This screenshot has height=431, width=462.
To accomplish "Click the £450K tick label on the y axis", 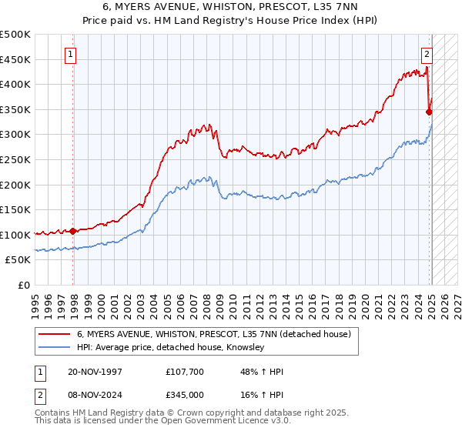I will (x=15, y=60).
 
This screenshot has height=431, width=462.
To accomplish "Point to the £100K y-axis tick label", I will (x=15, y=235).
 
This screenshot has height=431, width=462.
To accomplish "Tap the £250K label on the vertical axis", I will (x=15, y=160).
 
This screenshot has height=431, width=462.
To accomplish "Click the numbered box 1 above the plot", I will (x=70, y=55).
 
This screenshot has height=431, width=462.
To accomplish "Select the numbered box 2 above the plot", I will (x=427, y=55).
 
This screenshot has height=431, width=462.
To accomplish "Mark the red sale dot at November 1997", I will (x=73, y=231).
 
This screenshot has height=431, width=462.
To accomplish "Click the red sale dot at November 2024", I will (x=429, y=112).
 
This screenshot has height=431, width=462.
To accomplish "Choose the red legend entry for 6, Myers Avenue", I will (x=214, y=334).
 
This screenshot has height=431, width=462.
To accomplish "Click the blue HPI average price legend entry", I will (x=170, y=348).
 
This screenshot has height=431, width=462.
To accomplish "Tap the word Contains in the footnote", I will (x=53, y=413).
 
